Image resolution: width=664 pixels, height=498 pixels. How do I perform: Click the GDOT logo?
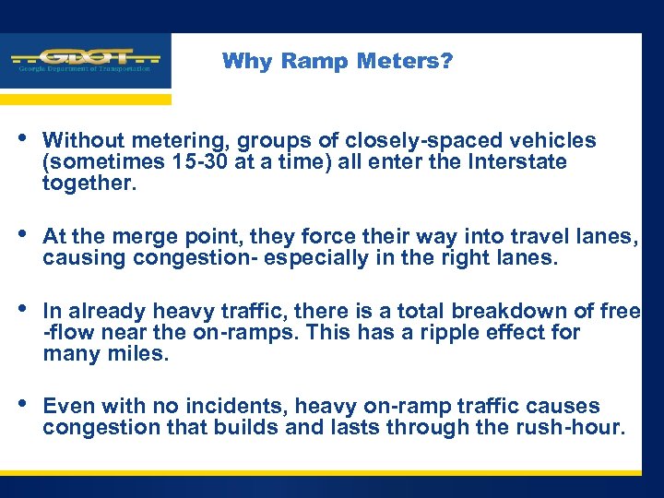(85, 61)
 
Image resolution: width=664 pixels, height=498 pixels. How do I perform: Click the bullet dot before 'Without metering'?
(22, 138)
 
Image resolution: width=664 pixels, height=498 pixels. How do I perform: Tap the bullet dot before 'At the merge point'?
(22, 235)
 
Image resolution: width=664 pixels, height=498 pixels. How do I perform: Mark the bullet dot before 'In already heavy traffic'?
(22, 309)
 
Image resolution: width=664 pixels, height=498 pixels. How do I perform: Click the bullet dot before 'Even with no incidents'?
(22, 403)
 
